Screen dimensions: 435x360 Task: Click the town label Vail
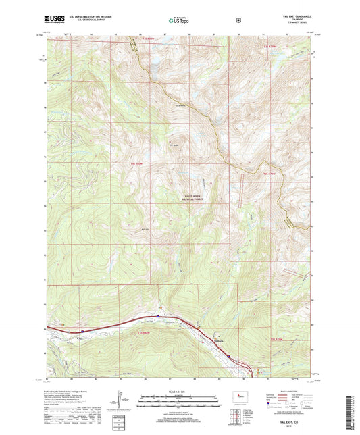(80, 338)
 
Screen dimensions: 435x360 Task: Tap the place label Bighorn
(217, 340)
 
